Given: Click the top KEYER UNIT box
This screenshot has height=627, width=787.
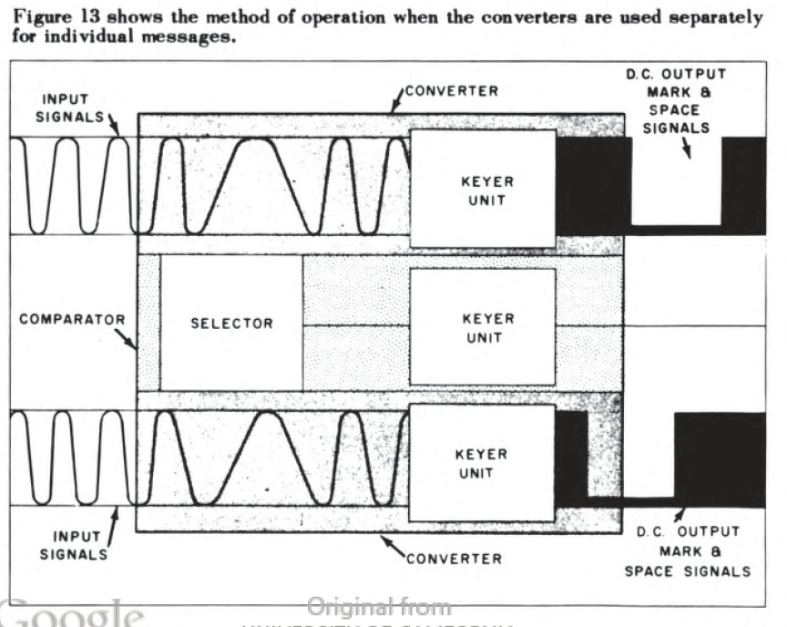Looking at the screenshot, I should click(483, 189).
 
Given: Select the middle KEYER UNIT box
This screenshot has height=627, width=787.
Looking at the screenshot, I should click(483, 327).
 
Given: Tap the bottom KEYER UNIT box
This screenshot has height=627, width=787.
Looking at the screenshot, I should click(483, 463).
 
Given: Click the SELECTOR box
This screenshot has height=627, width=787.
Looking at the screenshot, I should click(231, 323).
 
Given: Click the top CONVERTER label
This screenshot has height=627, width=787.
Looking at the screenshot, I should click(451, 91).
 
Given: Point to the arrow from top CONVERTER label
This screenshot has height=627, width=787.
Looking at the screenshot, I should click(395, 104).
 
